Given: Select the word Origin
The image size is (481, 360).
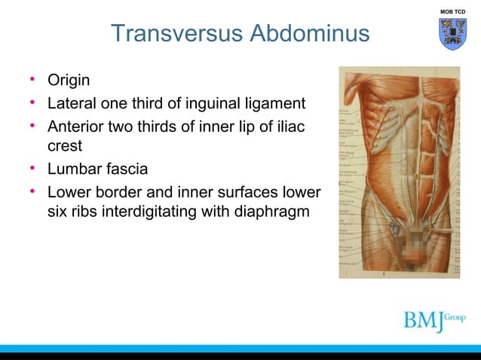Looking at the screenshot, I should click(x=69, y=80).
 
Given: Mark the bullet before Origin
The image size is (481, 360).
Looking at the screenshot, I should click(x=33, y=80).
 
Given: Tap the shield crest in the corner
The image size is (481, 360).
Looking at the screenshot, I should click(x=452, y=34).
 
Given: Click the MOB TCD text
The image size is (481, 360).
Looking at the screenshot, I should click(x=452, y=11).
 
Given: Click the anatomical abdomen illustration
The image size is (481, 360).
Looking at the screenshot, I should click(x=399, y=172).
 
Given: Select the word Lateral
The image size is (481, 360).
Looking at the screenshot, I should click(x=73, y=102).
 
